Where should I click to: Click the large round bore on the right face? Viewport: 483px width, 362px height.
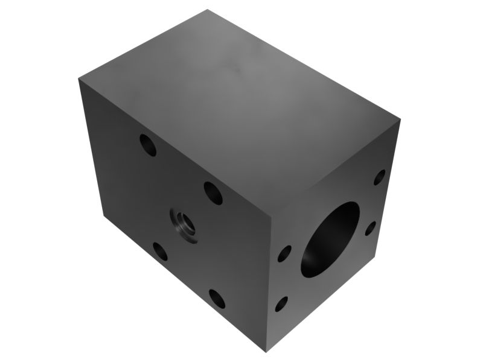point(330,240)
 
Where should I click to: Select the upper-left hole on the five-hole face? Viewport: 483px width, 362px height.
point(148,145)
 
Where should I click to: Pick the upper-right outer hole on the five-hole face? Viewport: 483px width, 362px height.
point(213,192)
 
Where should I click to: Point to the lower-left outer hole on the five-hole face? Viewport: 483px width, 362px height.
point(161,251)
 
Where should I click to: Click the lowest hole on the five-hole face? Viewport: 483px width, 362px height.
point(217,298)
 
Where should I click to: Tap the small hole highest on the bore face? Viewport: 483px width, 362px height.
point(379,177)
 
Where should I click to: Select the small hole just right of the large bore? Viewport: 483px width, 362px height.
point(371,228)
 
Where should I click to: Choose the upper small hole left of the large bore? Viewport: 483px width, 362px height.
point(284,253)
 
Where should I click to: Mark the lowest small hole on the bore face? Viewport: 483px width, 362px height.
point(281,303)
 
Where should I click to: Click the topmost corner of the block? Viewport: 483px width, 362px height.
point(208,10)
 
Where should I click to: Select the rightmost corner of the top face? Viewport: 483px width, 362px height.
point(401,120)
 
